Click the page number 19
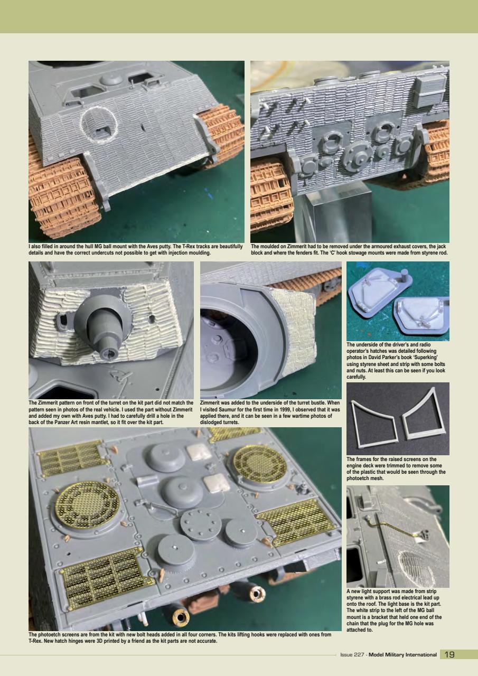pyautogui.click(x=449, y=654)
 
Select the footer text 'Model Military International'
pyautogui.click(x=402, y=655)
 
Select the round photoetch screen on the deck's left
pyautogui.click(x=79, y=504)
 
